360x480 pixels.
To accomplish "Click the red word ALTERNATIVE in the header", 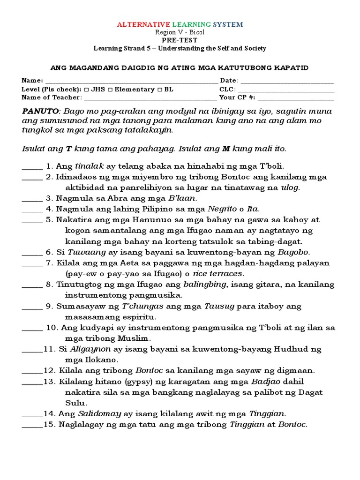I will [137, 24].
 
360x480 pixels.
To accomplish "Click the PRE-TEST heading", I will [180, 40].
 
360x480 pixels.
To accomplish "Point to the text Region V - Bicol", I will [180, 32].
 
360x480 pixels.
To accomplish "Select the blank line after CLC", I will [286, 90].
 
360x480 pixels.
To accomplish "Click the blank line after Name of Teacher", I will [150, 98].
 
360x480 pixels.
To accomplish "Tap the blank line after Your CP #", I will [296, 98].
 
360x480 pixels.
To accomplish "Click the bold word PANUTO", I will [39, 111].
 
